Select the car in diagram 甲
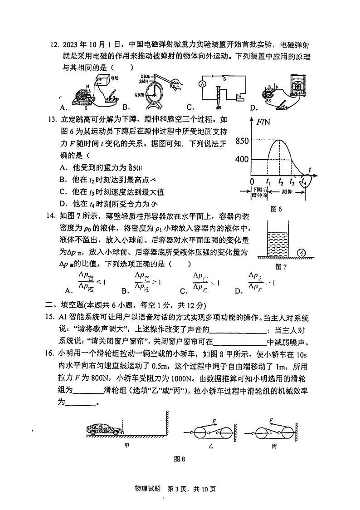(103, 429)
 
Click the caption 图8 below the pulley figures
(180, 459)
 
